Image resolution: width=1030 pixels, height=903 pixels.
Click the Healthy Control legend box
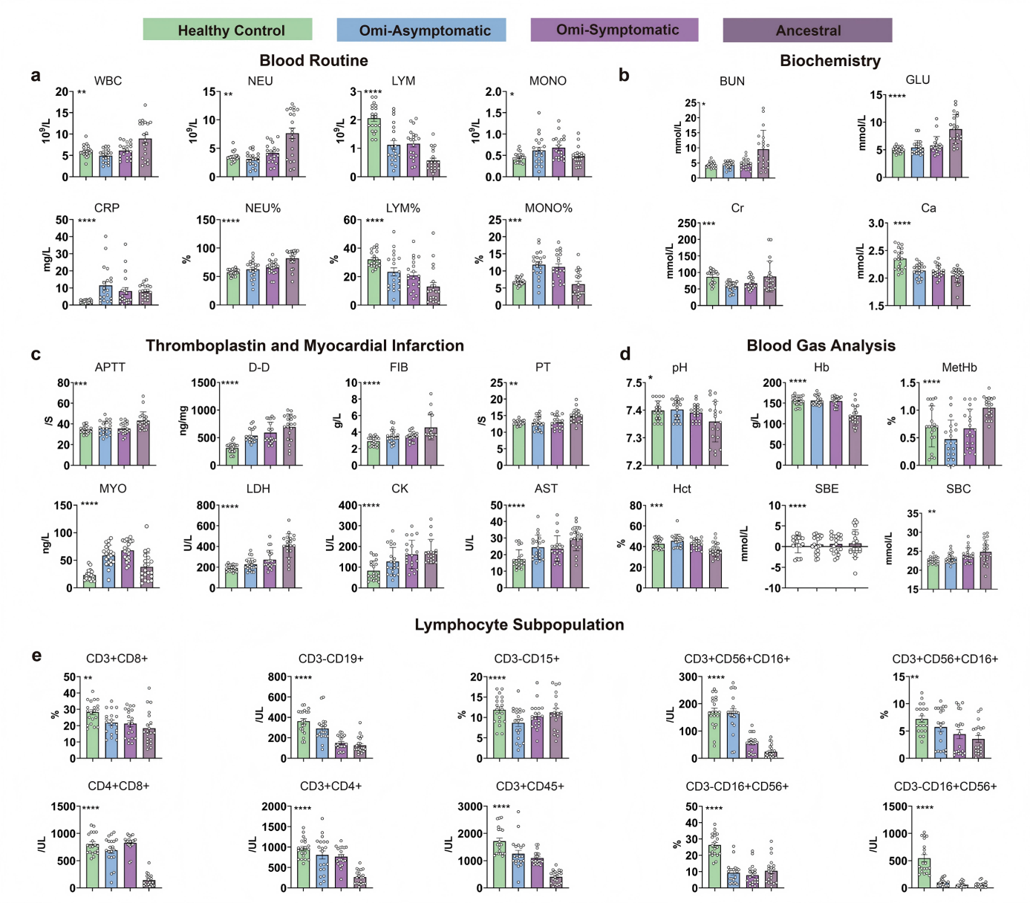tap(227, 30)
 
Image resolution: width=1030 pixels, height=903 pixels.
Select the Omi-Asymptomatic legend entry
tap(421, 30)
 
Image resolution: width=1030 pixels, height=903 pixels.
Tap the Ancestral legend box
tap(807, 30)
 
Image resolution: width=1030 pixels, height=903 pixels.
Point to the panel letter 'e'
tap(36, 656)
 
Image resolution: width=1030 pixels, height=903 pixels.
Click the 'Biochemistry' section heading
tap(829, 61)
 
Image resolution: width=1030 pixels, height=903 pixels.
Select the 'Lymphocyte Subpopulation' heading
tap(519, 625)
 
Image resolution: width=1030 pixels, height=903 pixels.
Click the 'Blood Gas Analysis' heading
tap(821, 345)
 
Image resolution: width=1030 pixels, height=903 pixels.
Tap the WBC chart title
tap(108, 81)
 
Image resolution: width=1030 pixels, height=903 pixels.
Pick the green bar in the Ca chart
tap(899, 282)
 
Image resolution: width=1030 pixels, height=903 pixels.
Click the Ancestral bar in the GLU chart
tap(955, 153)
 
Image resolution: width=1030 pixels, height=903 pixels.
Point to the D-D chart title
tap(258, 367)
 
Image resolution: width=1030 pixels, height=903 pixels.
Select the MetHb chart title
tap(959, 367)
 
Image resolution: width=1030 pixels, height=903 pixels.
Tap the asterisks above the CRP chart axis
tap(87, 221)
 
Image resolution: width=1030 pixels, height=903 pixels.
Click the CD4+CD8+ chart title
tap(119, 786)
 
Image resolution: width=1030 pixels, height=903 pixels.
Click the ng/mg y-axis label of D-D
tap(183, 420)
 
